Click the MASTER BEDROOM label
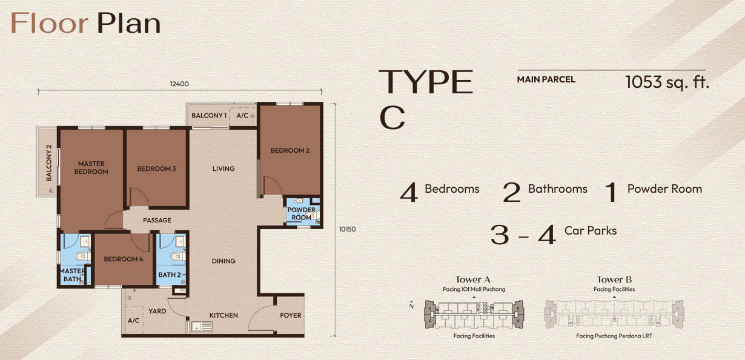coord(91,168)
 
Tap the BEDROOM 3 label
coord(156,168)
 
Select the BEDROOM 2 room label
coord(290,150)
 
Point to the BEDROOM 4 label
coord(123,259)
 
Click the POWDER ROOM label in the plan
coord(301,213)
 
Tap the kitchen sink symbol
coord(202,327)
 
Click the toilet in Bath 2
coord(177,256)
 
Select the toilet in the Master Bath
coord(83,256)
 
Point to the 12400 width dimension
coord(179,84)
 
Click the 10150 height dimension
coord(347,229)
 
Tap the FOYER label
coord(290,315)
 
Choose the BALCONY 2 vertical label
coord(49,163)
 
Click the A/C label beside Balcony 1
coord(242,115)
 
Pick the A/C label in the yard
coord(133,321)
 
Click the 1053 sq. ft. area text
coord(667,82)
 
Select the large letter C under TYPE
coord(392,118)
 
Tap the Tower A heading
coord(472,279)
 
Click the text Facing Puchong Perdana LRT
coord(614,336)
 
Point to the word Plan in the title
coord(129,23)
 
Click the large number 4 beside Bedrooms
coord(409,192)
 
